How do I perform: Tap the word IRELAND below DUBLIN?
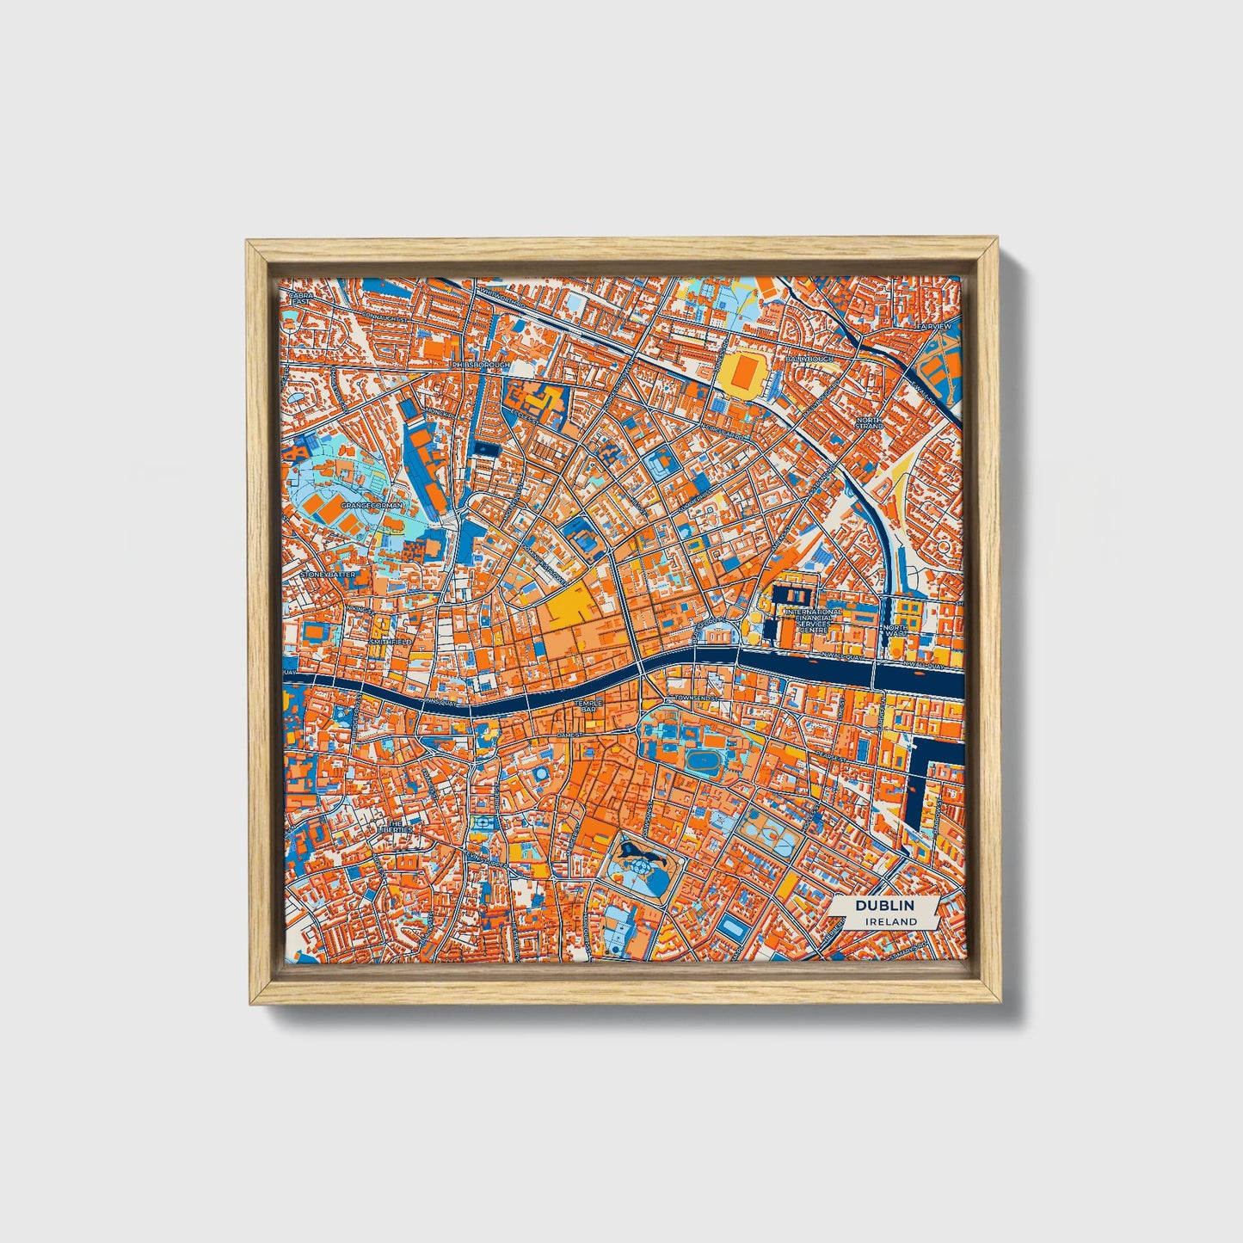(x=891, y=921)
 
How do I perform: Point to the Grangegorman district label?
(x=372, y=507)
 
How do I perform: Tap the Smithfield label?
(x=391, y=642)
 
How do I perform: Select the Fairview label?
(x=934, y=328)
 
